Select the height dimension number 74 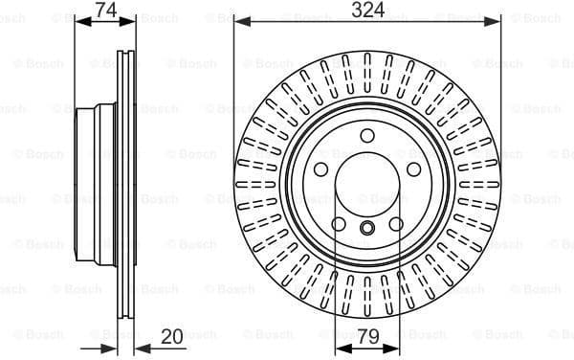click(x=107, y=11)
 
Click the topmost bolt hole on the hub click(x=367, y=136)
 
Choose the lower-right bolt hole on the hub click(x=396, y=226)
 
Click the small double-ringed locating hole click(x=367, y=228)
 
